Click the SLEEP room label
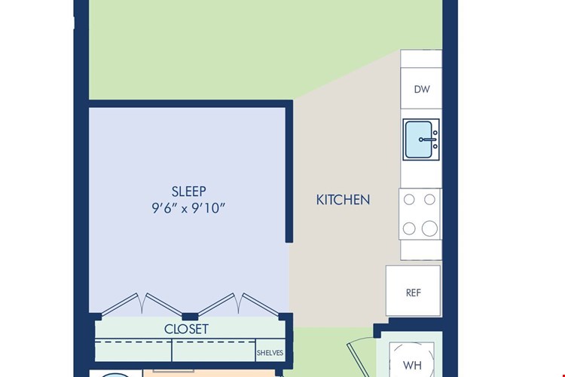pos(189,191)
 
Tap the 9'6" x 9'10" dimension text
pos(188,208)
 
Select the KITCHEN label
pos(343,200)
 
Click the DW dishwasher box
pos(421,88)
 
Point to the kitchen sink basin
pos(418,139)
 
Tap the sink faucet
pos(428,139)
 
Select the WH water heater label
pos(412,366)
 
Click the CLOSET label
pos(186,329)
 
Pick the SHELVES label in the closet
pos(270,353)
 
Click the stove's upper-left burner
pos(409,200)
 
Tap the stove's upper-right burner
pos(429,200)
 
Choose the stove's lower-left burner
pos(409,228)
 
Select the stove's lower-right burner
pos(429,228)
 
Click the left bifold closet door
pos(142,304)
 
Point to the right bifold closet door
pos(239,304)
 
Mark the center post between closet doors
pos(190,317)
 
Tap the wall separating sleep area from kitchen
pos(289,171)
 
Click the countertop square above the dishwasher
pos(421,59)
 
